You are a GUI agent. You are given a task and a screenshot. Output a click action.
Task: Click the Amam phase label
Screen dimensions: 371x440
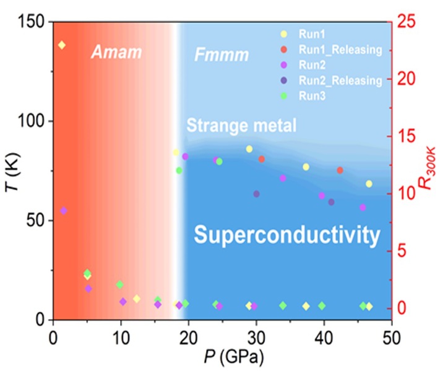coord(116,53)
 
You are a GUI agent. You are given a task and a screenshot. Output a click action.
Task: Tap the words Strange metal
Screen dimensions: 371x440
coord(242,126)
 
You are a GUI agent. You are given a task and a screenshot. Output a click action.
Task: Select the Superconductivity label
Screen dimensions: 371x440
coord(287,235)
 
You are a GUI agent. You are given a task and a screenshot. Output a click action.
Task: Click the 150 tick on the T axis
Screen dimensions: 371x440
coord(35,22)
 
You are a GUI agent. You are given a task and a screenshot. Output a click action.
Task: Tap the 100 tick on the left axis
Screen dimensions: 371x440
coord(35,121)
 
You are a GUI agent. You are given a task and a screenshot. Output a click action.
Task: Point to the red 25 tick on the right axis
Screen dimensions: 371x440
coord(407,22)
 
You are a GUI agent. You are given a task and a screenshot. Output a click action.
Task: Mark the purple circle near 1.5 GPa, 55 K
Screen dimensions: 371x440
coord(63,211)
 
